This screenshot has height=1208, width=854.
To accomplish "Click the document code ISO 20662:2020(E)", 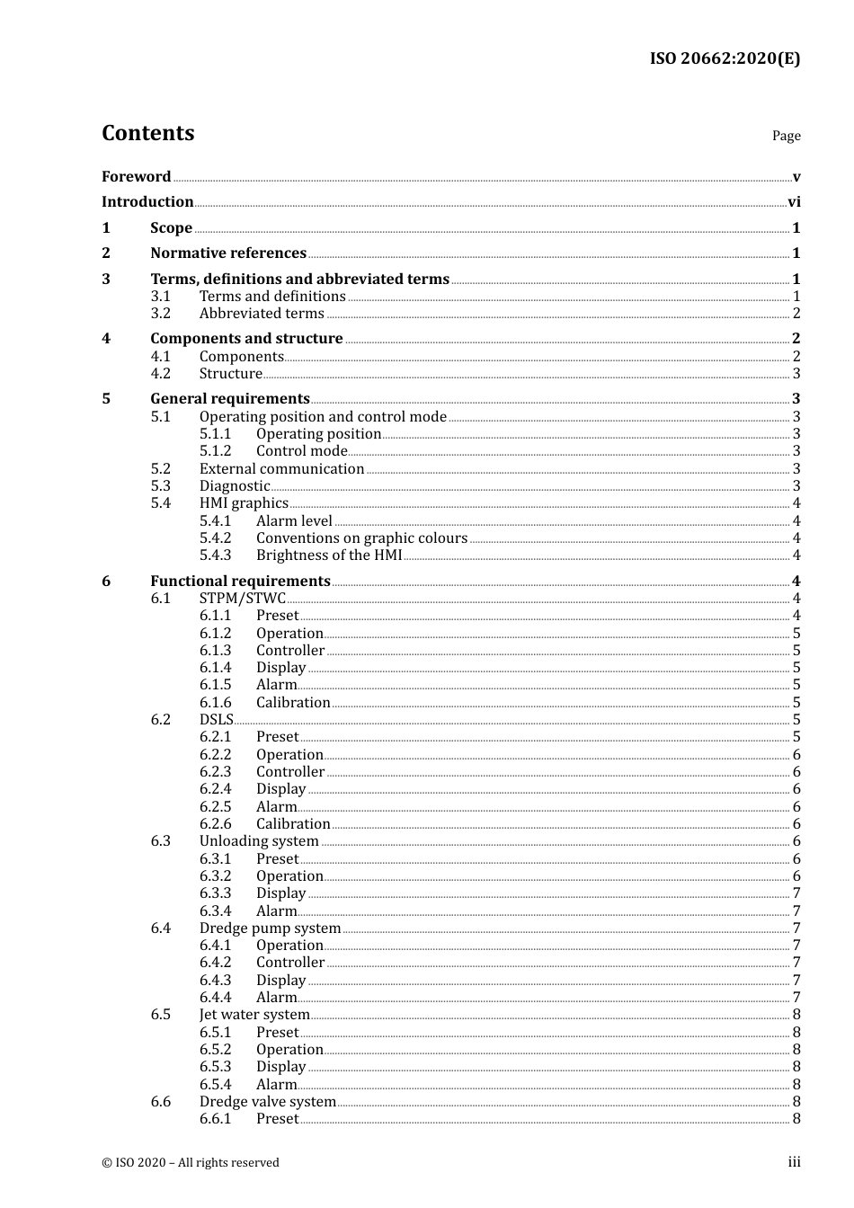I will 725,58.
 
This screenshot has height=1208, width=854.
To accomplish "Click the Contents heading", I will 147,133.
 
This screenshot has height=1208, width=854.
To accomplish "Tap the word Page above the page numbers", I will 786,136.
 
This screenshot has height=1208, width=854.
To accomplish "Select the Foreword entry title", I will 136,177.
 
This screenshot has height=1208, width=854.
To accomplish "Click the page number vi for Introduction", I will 794,202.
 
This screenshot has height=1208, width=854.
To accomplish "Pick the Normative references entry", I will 228,253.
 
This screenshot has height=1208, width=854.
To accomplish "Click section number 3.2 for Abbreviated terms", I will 161,314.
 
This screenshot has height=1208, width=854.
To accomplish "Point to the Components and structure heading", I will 246,339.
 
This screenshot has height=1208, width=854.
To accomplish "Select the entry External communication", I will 281,469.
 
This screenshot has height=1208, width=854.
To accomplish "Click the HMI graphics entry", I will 244,503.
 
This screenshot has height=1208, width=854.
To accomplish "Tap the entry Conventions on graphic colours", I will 361,538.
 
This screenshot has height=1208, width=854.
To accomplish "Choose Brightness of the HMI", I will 329,555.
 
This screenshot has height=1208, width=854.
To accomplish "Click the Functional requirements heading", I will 240,582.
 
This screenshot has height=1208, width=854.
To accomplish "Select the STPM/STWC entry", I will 242,599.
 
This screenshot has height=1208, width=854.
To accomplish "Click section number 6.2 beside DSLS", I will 161,720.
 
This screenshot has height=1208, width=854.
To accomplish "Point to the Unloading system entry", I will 259,841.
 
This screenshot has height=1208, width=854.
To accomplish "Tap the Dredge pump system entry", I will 270,928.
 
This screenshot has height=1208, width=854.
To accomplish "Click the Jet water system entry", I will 254,1015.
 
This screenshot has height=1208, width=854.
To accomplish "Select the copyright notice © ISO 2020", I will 191,1163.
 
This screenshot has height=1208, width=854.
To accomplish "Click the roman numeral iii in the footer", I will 794,1162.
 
